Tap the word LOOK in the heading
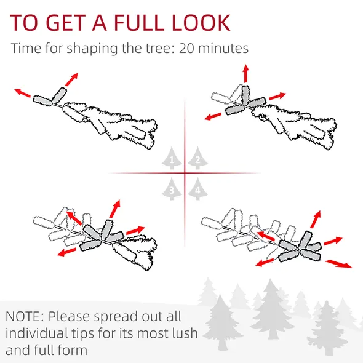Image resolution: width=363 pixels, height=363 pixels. point(201,22)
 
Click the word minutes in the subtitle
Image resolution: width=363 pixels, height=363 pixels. point(223,48)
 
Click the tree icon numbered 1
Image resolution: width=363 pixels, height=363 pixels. point(172,158)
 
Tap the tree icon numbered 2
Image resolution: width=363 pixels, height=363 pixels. point(197,158)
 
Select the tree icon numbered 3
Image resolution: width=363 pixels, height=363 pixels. point(172,189)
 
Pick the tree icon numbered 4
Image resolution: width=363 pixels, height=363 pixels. point(197,189)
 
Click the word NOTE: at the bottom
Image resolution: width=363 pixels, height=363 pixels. point(25,316)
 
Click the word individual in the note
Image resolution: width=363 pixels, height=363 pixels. point(36,333)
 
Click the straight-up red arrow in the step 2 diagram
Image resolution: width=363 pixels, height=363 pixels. point(246,73)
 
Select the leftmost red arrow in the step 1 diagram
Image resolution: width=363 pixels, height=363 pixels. point(22,93)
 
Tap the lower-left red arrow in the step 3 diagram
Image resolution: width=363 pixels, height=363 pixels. point(66,252)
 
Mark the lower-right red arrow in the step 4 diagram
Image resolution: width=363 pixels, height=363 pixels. point(338,264)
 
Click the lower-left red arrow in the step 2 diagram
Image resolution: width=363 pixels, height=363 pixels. point(213,116)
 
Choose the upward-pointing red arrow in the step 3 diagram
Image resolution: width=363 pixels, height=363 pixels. point(115,209)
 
